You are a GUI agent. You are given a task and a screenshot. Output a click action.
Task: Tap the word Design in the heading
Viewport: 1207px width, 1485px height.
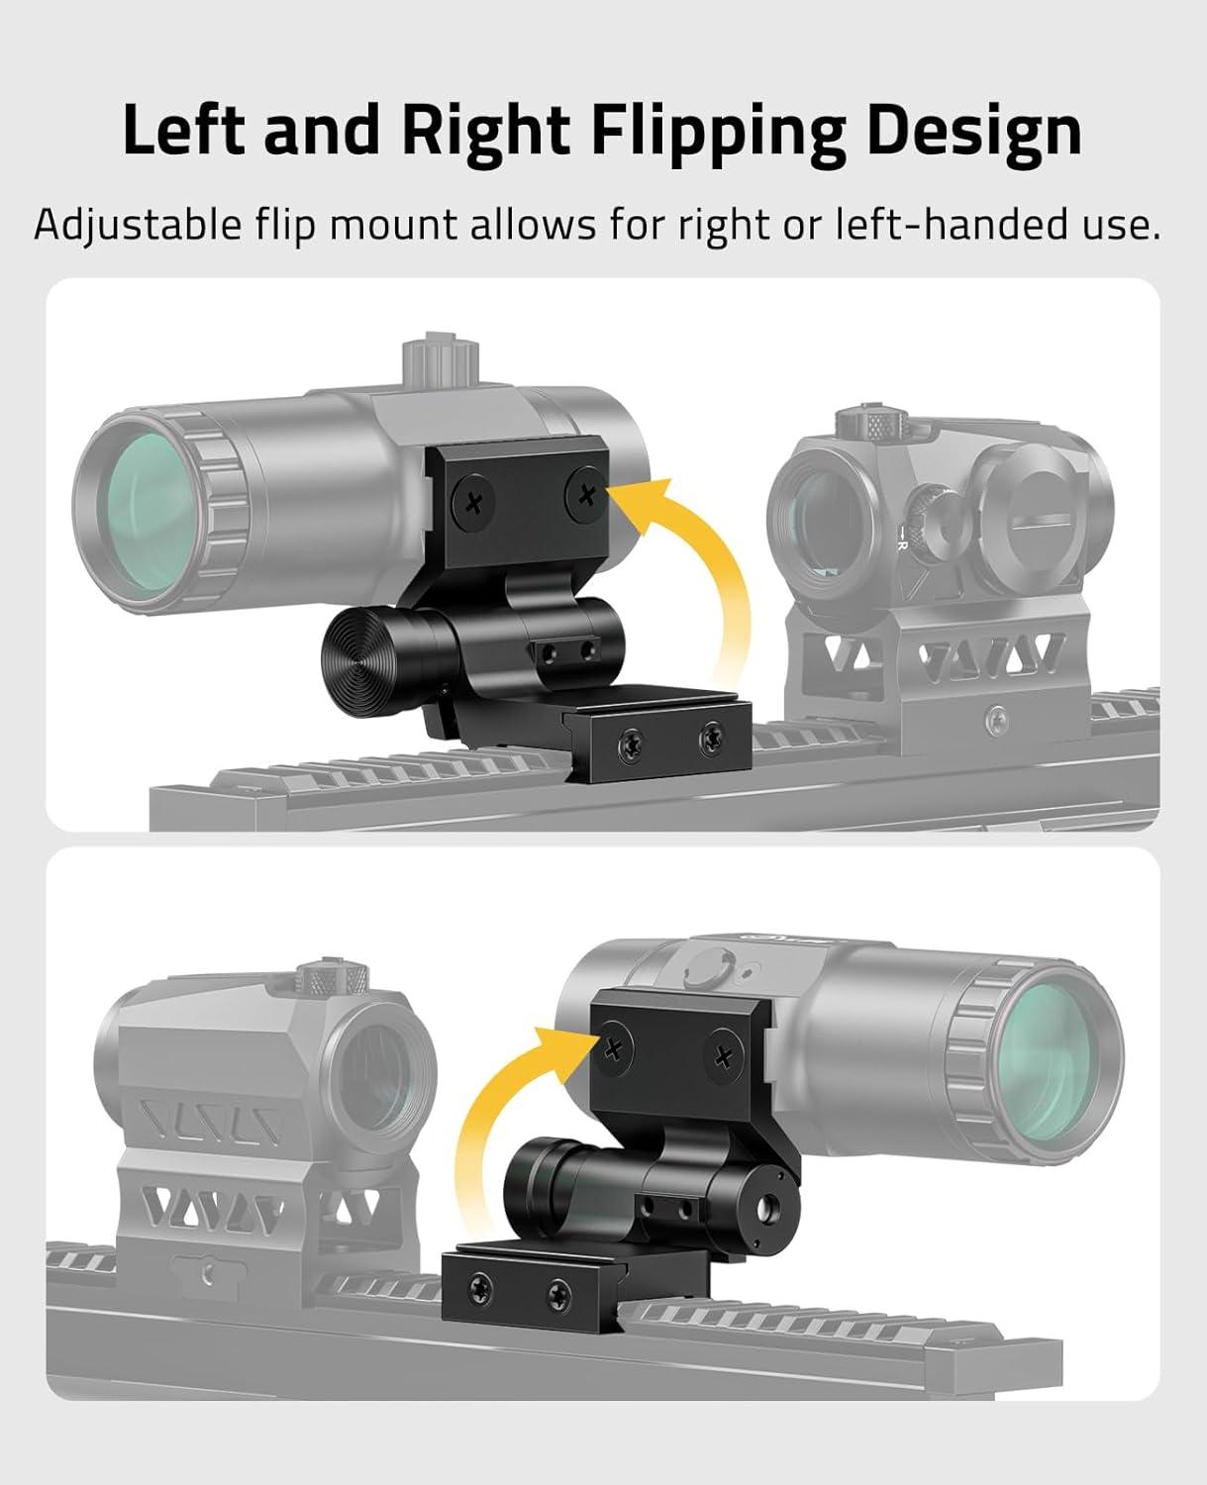tap(974, 134)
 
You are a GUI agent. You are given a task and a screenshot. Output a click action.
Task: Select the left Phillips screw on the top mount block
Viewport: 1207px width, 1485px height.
tap(473, 501)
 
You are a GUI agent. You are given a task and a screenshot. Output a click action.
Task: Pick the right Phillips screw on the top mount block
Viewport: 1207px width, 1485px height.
tap(587, 495)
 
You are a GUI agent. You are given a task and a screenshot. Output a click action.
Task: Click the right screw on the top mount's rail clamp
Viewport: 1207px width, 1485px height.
tap(712, 738)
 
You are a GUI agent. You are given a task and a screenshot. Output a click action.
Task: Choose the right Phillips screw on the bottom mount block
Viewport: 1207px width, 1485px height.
tap(723, 1057)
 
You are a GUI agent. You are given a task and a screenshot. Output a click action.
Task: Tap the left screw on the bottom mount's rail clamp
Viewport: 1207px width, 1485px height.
tap(481, 1284)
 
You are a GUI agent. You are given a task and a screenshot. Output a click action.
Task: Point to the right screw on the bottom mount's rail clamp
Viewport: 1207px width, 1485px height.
tap(559, 1295)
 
